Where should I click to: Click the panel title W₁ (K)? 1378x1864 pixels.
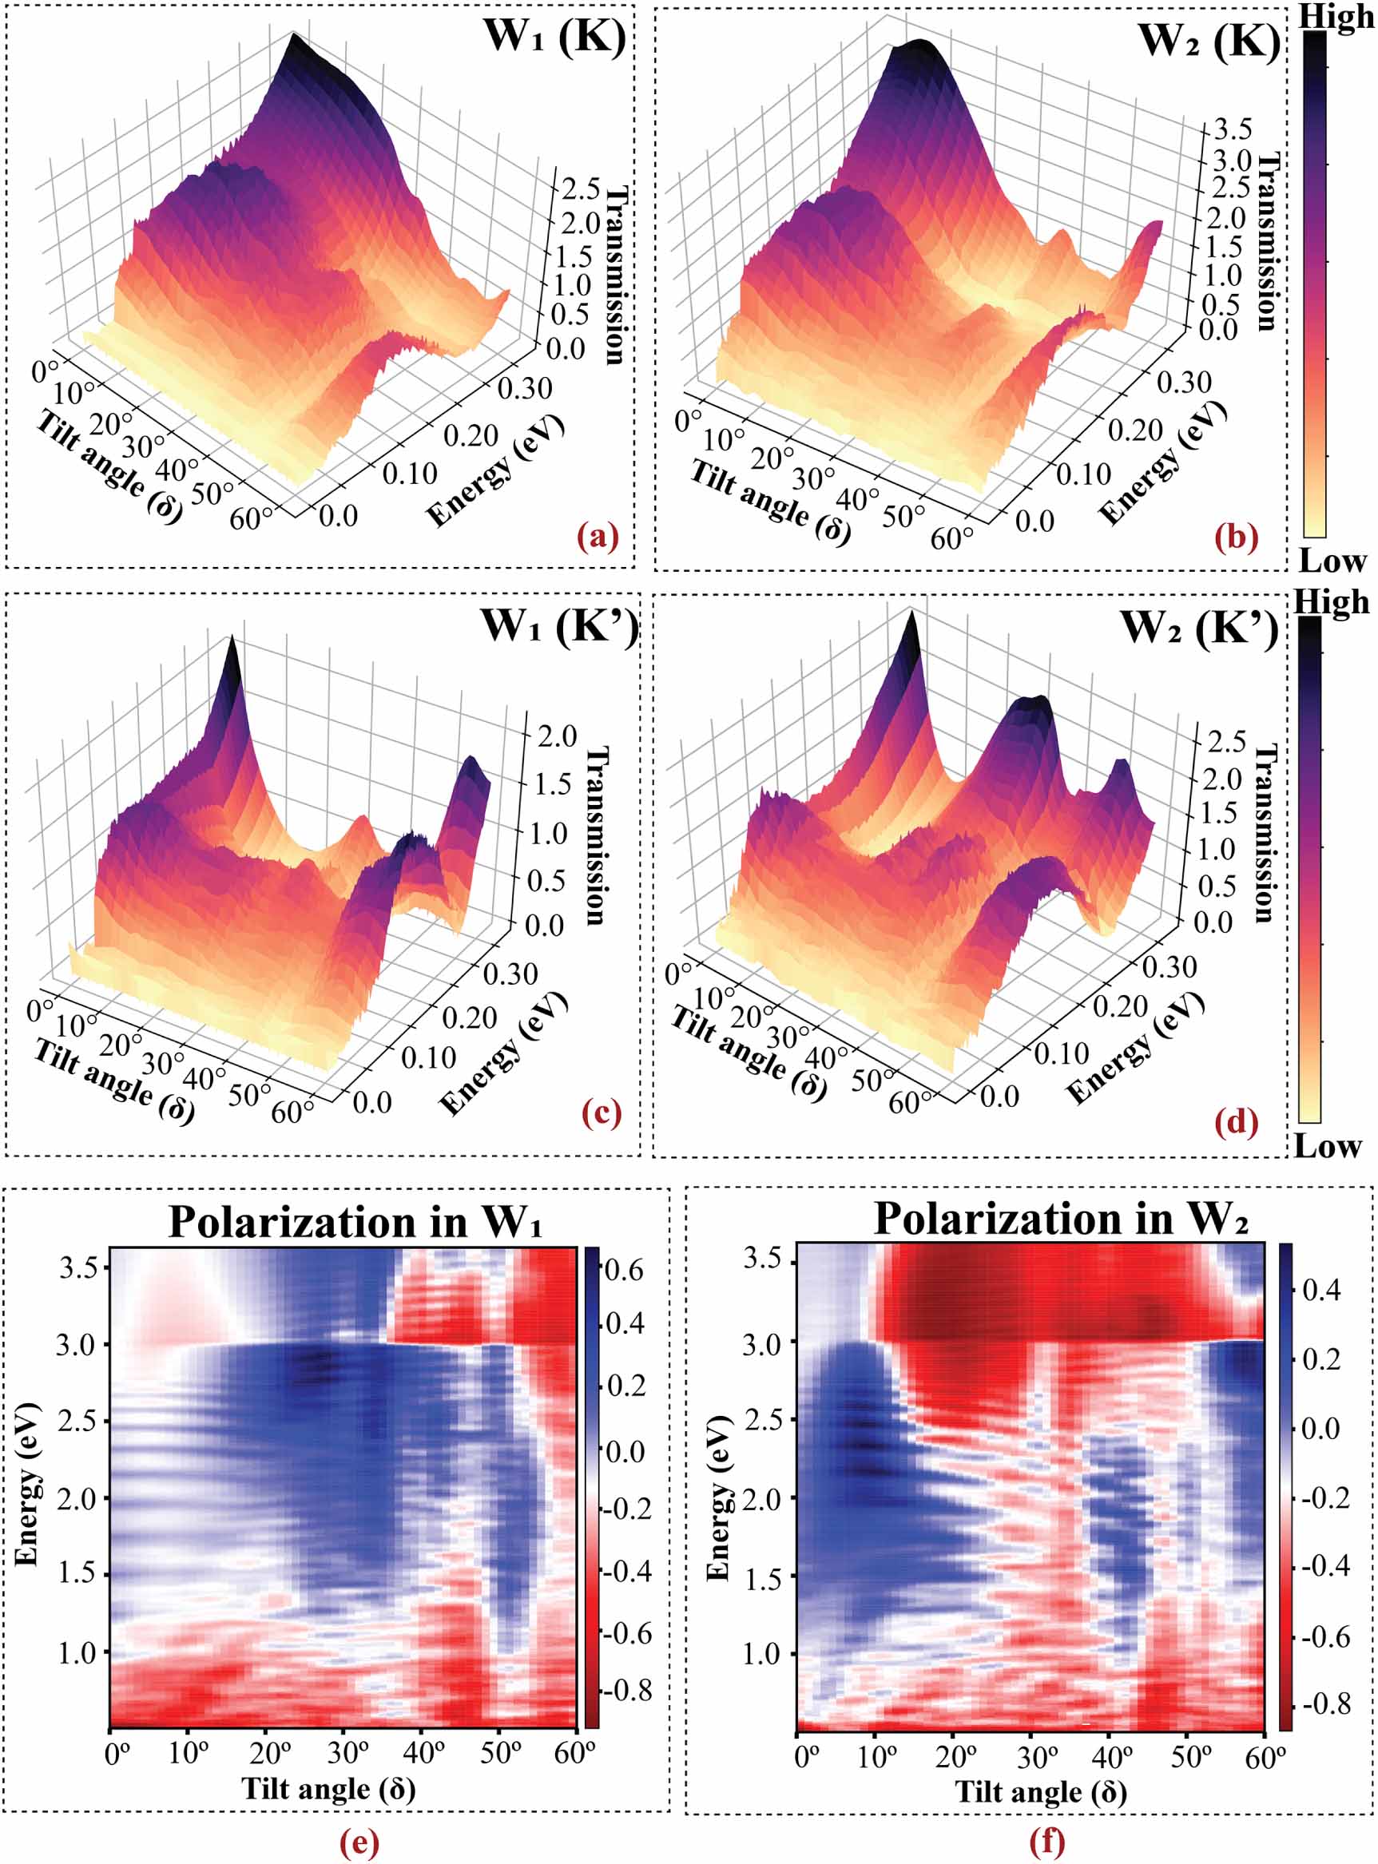pyautogui.click(x=554, y=37)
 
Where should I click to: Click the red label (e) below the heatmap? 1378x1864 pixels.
pyautogui.click(x=360, y=1842)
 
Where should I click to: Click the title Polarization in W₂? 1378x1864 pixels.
pyautogui.click(x=1061, y=1220)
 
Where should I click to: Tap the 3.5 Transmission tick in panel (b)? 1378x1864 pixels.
pyautogui.click(x=1232, y=129)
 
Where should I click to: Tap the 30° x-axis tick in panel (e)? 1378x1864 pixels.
pyautogui.click(x=344, y=1753)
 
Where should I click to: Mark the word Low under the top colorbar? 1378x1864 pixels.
pyautogui.click(x=1332, y=561)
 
